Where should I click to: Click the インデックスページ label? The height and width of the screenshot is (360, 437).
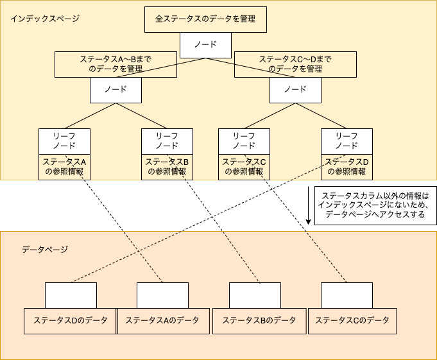45,19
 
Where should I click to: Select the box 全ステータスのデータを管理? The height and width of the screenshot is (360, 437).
206,19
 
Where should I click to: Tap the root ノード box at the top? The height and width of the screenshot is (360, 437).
206,45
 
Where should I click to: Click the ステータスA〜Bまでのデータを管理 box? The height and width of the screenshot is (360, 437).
116,64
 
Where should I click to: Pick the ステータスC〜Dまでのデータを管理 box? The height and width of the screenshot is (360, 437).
295,64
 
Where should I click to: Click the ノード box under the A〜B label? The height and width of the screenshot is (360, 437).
116,90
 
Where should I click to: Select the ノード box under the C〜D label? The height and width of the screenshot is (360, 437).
295,90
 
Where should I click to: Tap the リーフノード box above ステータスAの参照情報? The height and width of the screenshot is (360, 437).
64,141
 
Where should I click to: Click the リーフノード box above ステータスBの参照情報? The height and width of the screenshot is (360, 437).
167,141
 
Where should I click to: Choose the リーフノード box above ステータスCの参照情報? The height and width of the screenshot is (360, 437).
244,141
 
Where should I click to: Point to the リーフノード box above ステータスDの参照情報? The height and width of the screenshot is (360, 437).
347,141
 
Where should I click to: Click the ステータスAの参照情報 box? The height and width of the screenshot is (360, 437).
64,167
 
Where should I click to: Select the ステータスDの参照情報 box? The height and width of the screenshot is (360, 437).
347,167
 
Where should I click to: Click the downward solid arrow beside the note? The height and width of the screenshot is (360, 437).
308,205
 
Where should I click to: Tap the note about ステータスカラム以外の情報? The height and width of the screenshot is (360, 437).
375,205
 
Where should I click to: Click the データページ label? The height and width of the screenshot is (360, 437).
45,250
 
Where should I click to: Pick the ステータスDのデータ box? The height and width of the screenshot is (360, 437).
70,321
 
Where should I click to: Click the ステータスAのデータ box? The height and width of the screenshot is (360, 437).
164,321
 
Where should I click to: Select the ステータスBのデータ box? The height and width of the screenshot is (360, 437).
259,321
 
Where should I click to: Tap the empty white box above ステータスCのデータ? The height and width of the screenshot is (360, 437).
347,295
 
